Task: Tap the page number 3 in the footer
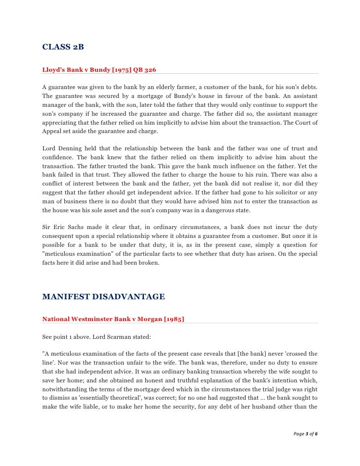coord(307,434)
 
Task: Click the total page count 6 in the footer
coord(316,434)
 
